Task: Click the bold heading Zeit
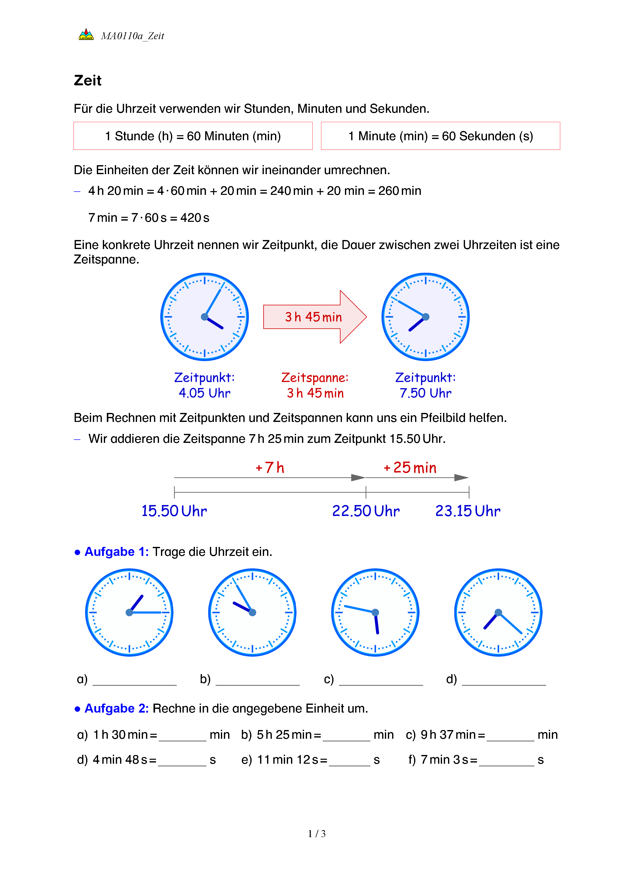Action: tap(88, 80)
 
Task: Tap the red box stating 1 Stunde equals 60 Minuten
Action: tap(193, 136)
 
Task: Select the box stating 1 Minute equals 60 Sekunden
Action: tap(440, 136)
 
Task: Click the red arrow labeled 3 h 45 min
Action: tap(314, 317)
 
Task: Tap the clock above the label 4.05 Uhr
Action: tap(205, 317)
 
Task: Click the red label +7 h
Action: tap(270, 468)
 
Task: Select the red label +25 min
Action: tap(410, 468)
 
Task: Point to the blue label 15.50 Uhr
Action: tap(174, 511)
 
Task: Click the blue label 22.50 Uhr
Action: tap(366, 511)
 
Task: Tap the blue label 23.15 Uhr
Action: tap(468, 511)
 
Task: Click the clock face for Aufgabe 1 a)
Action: tap(129, 613)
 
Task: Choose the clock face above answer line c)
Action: tap(375, 613)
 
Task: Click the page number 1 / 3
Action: tap(317, 834)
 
